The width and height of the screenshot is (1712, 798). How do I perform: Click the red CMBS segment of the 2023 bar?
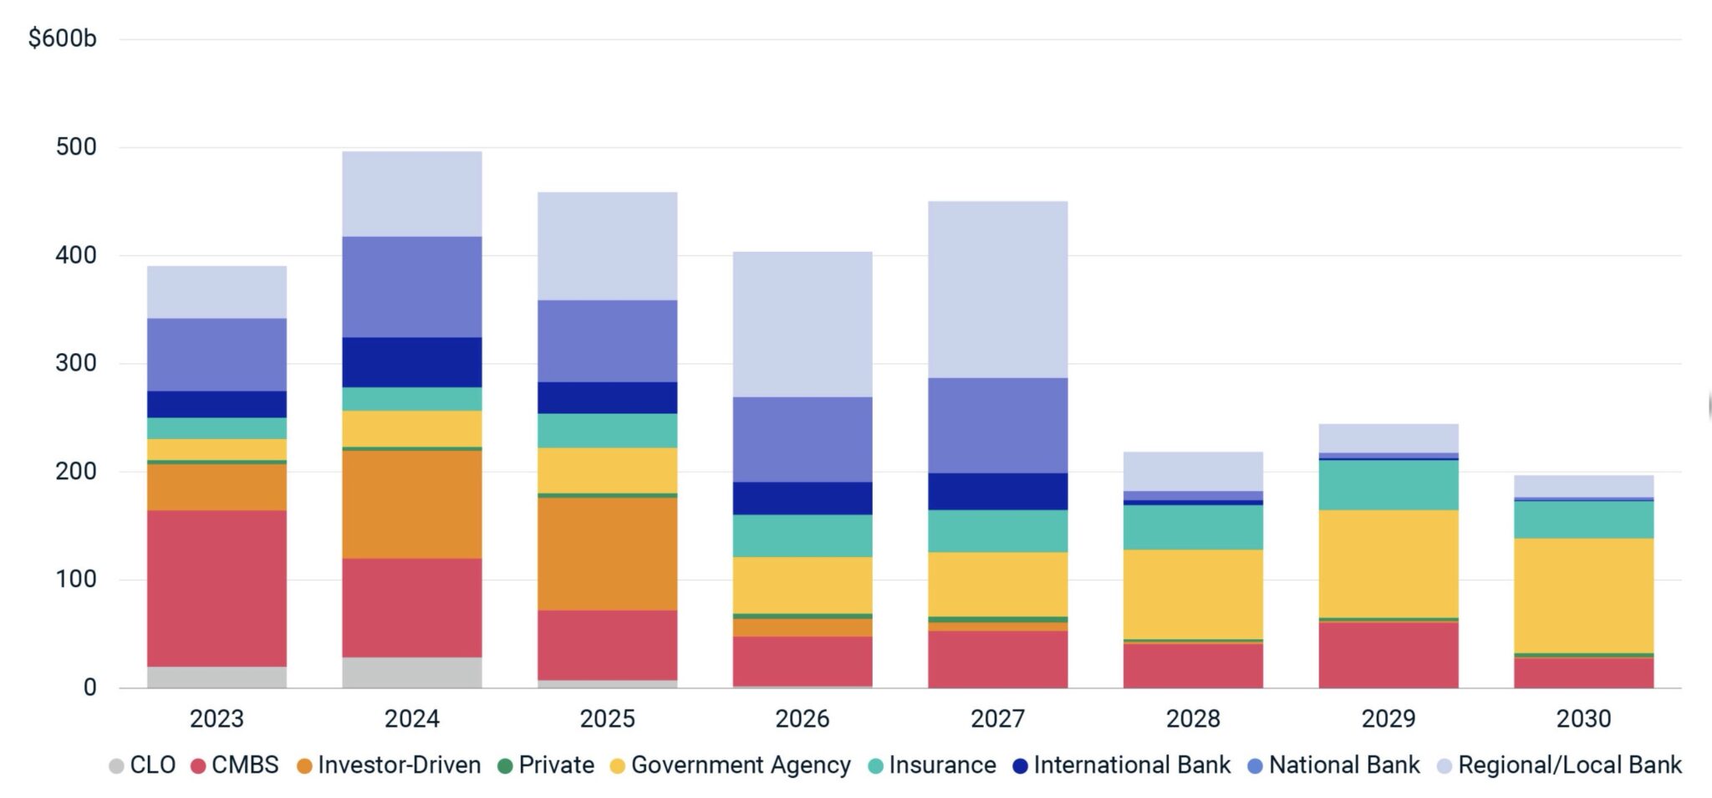click(217, 588)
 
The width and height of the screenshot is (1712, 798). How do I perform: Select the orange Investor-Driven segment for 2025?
click(607, 554)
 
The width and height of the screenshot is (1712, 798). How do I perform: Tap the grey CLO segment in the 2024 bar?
click(412, 673)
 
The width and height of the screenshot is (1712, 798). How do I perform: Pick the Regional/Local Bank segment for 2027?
click(997, 289)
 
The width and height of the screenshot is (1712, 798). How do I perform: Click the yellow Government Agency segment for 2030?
click(1583, 596)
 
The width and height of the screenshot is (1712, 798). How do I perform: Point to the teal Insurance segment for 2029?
click(1388, 485)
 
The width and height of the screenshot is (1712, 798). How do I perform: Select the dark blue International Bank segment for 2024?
click(412, 362)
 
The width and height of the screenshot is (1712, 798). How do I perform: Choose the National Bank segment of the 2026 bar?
click(802, 439)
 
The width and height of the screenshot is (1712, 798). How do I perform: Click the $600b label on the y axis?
click(63, 38)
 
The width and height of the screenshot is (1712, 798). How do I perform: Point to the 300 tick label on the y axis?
click(76, 363)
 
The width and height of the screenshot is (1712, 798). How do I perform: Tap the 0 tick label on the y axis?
click(89, 688)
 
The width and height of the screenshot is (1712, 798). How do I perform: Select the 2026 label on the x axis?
click(802, 719)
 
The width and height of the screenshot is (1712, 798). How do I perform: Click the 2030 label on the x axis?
click(1583, 719)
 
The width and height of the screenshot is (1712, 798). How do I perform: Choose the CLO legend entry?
click(143, 765)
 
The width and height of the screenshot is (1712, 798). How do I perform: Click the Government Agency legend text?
click(741, 765)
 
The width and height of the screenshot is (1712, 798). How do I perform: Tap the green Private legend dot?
click(504, 766)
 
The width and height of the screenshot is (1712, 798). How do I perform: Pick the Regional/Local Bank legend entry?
click(1560, 765)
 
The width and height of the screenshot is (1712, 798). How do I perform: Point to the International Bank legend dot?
click(1020, 766)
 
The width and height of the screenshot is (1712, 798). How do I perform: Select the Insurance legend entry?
click(933, 765)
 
